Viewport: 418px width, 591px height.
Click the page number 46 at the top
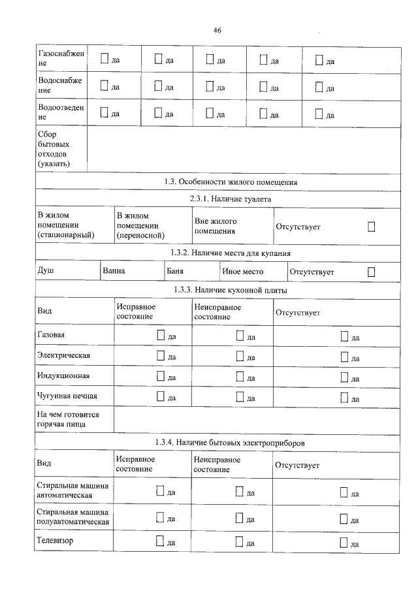[x=217, y=30]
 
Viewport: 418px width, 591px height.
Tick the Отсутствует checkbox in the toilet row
[x=371, y=226]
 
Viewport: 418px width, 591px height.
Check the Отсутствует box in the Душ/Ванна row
[x=371, y=271]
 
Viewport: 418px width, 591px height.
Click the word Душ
[x=46, y=270]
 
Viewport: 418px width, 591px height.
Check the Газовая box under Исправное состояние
[x=161, y=336]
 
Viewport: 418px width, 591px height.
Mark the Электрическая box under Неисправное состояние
[x=240, y=356]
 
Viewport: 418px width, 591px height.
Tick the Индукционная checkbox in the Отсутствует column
[x=345, y=377]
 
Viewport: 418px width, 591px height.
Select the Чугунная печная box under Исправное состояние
[x=161, y=397]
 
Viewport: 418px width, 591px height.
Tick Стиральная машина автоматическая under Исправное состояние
[x=161, y=492]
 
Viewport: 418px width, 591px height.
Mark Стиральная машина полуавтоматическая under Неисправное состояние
[x=240, y=519]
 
